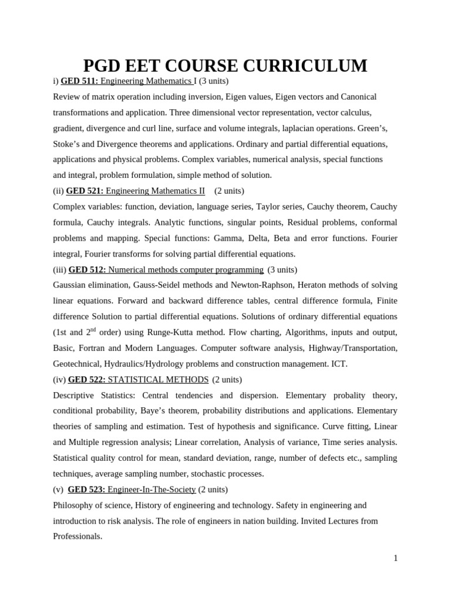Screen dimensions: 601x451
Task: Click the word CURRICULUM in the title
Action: [x=308, y=66]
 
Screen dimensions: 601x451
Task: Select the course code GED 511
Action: [x=79, y=81]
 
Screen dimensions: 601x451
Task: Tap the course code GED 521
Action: [x=85, y=191]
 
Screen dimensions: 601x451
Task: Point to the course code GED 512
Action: [x=87, y=269]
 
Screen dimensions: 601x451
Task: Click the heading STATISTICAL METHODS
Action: [x=158, y=379]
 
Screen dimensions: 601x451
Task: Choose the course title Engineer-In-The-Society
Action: [x=152, y=489]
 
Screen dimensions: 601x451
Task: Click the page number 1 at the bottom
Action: [x=396, y=558]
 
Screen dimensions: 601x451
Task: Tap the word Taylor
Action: [x=260, y=207]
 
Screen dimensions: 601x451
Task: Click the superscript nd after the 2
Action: [x=93, y=329]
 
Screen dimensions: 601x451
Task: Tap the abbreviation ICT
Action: [x=339, y=363]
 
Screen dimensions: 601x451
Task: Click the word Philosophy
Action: [x=72, y=505]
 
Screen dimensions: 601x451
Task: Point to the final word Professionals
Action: [x=78, y=536]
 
